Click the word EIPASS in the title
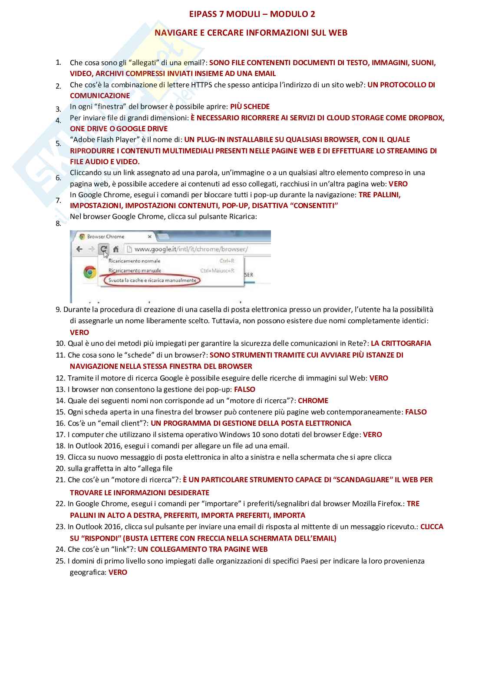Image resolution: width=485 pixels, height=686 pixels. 203,14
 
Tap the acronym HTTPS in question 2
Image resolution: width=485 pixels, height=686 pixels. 201,85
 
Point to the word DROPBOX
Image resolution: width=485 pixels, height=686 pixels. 427,118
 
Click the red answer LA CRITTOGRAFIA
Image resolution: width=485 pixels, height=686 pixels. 401,343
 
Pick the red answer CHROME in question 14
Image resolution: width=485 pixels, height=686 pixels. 313,401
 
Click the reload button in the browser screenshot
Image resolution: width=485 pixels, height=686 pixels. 103,249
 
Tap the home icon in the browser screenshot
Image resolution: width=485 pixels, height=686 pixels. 116,249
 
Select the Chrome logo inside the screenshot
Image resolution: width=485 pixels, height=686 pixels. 90,272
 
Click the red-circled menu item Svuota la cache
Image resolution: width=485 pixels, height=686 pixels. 152,280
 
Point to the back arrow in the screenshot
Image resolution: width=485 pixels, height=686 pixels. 79,249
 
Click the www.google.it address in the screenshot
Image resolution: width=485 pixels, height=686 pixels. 191,249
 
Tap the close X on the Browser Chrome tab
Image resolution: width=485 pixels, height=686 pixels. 149,237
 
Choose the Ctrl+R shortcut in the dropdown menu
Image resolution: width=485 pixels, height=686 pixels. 227,261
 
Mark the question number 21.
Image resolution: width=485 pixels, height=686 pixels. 60,480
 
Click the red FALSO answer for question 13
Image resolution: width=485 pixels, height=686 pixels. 244,389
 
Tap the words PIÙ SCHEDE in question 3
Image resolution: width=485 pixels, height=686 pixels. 250,106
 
